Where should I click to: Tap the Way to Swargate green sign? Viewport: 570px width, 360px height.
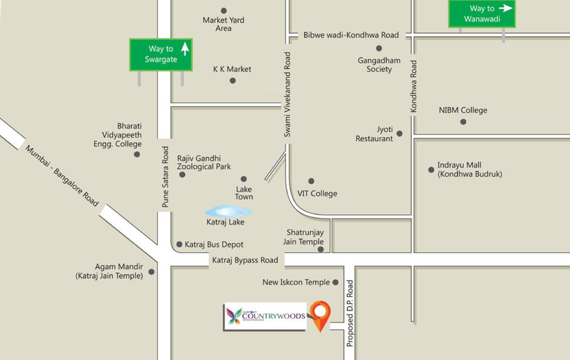(161, 54)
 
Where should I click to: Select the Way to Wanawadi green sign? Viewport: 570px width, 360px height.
(482, 14)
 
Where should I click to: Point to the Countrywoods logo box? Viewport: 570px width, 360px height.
(265, 316)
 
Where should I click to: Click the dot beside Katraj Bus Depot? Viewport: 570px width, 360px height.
(179, 244)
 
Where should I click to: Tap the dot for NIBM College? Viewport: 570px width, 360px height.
(463, 122)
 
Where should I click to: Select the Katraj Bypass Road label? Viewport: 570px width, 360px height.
(245, 260)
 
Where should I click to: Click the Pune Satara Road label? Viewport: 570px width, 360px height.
(165, 177)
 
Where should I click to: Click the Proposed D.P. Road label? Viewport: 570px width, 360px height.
(350, 313)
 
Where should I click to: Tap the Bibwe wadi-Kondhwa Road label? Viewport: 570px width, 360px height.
(351, 35)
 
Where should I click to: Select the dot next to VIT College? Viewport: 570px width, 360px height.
(311, 181)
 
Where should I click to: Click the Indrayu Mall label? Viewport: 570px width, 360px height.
(469, 169)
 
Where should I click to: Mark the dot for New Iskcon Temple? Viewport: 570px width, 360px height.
(335, 282)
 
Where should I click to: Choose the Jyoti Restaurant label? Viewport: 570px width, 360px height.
(375, 134)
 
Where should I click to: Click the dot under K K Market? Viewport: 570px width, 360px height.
(232, 81)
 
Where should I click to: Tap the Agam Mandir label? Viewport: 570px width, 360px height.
(109, 271)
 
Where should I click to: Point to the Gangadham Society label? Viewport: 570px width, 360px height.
(379, 65)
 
